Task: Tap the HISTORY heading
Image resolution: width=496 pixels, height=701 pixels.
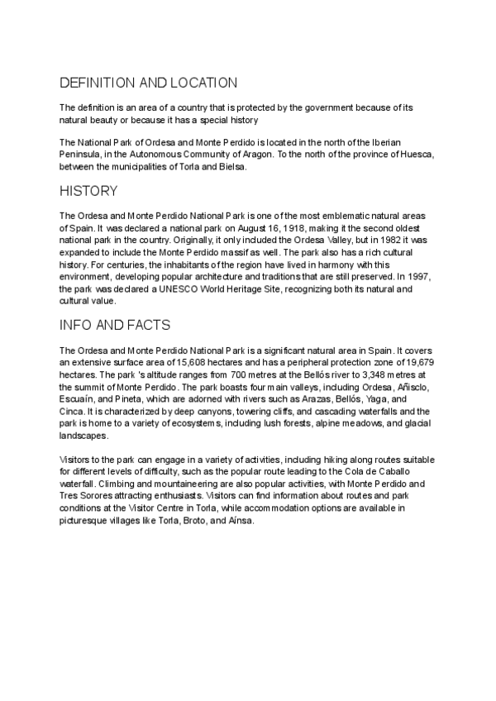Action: click(x=88, y=191)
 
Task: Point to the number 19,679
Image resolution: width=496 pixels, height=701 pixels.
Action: click(x=419, y=361)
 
